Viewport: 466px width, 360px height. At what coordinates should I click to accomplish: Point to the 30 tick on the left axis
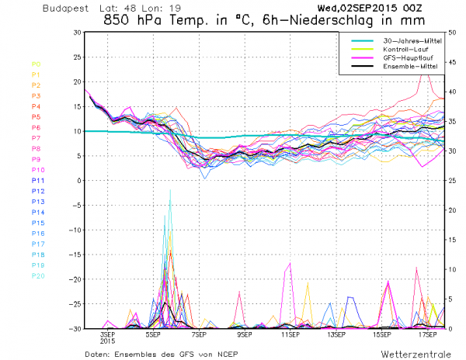click(76, 33)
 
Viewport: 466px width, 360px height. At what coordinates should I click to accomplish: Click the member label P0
click(36, 64)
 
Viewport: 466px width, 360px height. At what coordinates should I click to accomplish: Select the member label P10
click(37, 169)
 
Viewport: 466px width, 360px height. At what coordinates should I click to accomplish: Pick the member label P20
click(37, 275)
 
